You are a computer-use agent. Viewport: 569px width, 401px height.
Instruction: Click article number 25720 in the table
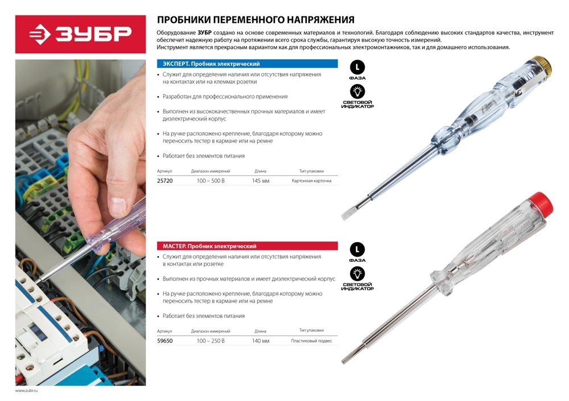164,181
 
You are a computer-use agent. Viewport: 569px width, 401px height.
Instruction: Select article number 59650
164,341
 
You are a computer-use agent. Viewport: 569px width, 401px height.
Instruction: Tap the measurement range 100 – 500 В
211,181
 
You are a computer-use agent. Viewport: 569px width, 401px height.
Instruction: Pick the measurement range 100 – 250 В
211,341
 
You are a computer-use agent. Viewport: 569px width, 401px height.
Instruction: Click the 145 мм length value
260,181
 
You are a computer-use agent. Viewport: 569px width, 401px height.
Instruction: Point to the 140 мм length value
260,341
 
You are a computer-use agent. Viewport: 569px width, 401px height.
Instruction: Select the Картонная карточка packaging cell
311,181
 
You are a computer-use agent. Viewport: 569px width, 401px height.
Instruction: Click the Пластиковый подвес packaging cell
311,340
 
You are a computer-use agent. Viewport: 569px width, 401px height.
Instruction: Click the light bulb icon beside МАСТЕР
357,274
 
